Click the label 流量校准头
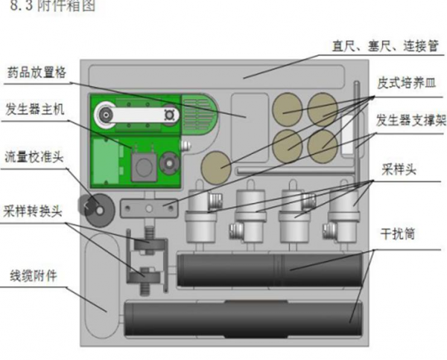(37, 157)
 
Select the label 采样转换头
(37, 210)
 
